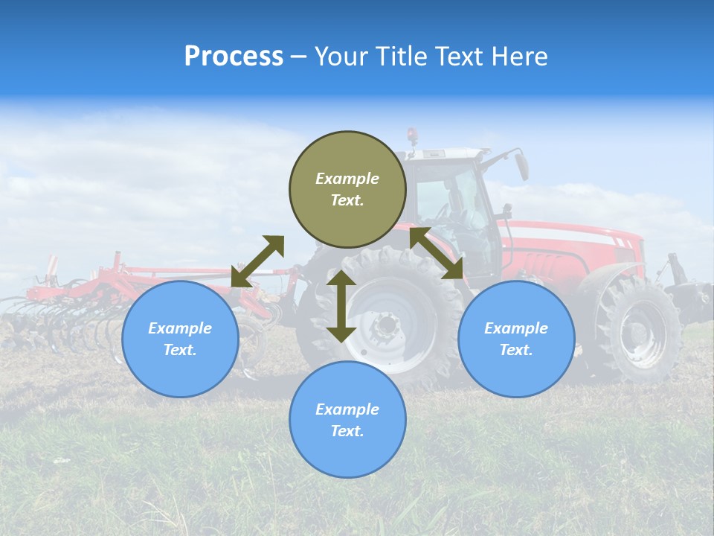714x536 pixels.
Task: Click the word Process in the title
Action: pos(234,57)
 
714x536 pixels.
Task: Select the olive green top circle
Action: pos(347,189)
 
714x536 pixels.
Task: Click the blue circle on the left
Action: pos(180,339)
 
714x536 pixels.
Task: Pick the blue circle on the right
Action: pos(516,339)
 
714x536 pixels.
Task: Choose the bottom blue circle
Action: pos(347,420)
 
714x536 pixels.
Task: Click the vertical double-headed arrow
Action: pos(341,306)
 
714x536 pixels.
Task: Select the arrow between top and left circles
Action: pos(257,261)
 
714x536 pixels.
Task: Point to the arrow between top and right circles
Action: pos(436,253)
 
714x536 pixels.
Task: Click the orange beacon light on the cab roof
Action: pos(412,136)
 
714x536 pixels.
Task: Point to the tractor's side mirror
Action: pos(522,166)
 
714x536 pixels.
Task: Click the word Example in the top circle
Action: pos(347,179)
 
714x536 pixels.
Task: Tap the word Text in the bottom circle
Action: pos(347,431)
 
